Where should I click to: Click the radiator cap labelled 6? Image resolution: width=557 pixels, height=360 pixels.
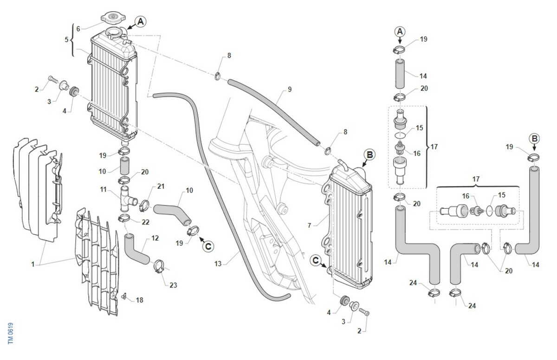(x=113, y=17)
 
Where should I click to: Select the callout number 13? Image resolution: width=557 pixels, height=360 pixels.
(x=218, y=264)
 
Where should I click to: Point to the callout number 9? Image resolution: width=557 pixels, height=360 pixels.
(x=290, y=89)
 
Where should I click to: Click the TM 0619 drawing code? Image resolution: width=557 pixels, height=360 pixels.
(x=10, y=334)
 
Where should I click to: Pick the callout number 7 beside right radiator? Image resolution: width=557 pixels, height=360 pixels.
(x=309, y=225)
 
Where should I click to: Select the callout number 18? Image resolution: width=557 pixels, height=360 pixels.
(x=140, y=300)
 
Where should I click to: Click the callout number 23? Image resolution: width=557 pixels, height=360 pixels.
(x=173, y=285)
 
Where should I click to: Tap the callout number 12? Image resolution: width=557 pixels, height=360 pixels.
(x=155, y=238)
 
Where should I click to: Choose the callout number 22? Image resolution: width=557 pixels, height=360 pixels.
(x=145, y=222)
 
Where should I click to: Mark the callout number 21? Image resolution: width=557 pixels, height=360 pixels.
(x=161, y=186)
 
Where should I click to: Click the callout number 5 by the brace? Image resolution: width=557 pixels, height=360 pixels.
(x=66, y=39)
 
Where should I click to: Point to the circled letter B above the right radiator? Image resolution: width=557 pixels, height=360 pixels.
(x=369, y=155)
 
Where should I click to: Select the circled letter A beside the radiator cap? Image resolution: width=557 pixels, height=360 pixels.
(x=141, y=22)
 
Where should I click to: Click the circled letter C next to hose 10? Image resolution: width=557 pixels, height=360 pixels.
(x=208, y=246)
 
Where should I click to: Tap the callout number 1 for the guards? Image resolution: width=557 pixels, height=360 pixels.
(x=33, y=264)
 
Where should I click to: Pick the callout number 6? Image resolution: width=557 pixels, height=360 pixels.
(x=78, y=29)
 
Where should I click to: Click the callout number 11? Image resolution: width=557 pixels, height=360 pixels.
(x=103, y=190)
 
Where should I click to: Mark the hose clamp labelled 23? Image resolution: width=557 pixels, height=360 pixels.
(x=158, y=266)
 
